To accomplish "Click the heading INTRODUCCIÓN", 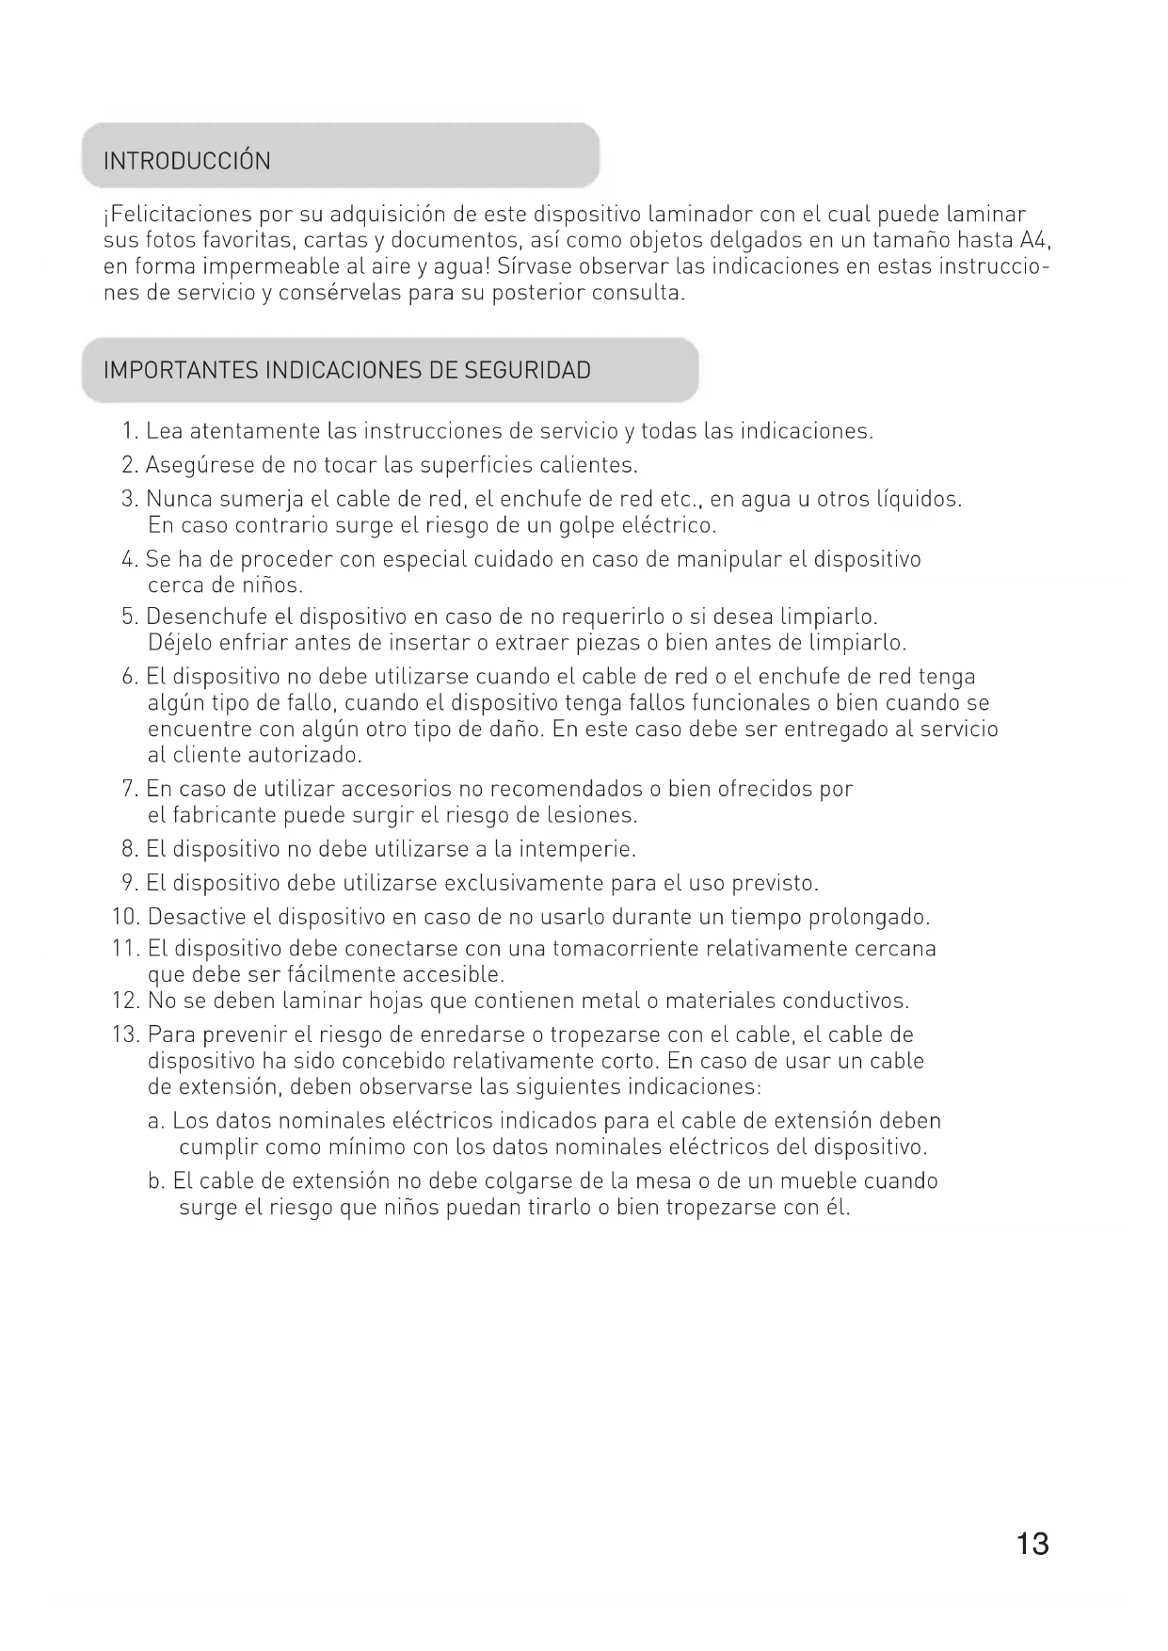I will click(x=186, y=161).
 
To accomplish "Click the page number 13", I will click(x=1032, y=1544).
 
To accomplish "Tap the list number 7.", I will click(x=130, y=789).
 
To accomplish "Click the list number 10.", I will click(x=125, y=917).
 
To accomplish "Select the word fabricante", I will click(x=225, y=815).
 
